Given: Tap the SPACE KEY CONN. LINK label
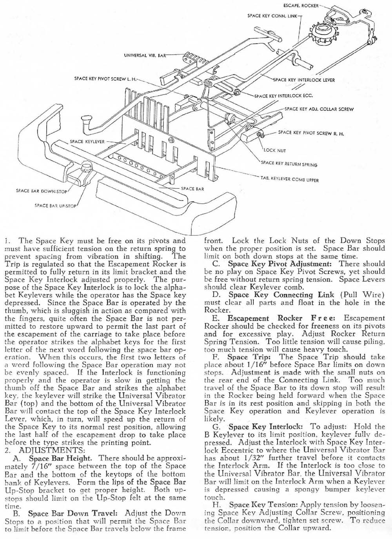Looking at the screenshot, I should click(x=272, y=16).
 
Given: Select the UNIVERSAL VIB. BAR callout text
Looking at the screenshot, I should click(x=145, y=55).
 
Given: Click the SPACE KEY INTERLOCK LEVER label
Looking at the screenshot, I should click(x=304, y=80).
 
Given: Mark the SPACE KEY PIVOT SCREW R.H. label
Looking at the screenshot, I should click(x=310, y=133).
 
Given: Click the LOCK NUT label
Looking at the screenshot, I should click(x=275, y=150).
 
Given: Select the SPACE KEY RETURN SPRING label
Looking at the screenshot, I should click(x=289, y=164).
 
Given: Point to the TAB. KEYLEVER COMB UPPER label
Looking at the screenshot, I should click(x=289, y=180).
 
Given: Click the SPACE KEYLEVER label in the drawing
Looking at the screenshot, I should click(x=87, y=142).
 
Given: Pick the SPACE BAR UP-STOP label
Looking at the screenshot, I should click(x=57, y=205).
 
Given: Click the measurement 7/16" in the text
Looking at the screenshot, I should click(x=35, y=466).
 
